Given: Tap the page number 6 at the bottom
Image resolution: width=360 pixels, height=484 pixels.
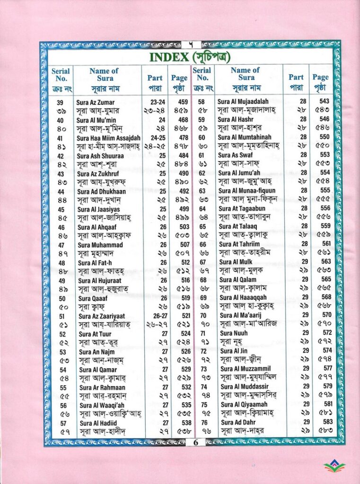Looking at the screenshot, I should [x=195, y=443].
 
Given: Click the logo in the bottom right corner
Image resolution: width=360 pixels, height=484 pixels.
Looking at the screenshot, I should [x=334, y=466].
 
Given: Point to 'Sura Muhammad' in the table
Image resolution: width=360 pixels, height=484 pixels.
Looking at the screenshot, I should [x=100, y=245].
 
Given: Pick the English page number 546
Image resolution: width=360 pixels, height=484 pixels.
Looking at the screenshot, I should [x=324, y=119].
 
